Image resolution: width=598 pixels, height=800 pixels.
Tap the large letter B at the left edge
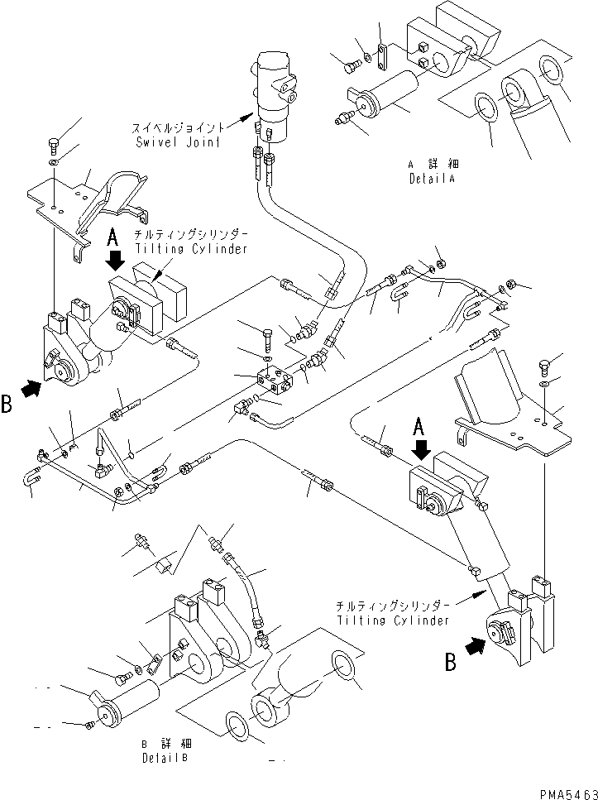[x=7, y=405]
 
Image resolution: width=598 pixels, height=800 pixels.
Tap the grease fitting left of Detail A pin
[x=341, y=122]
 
